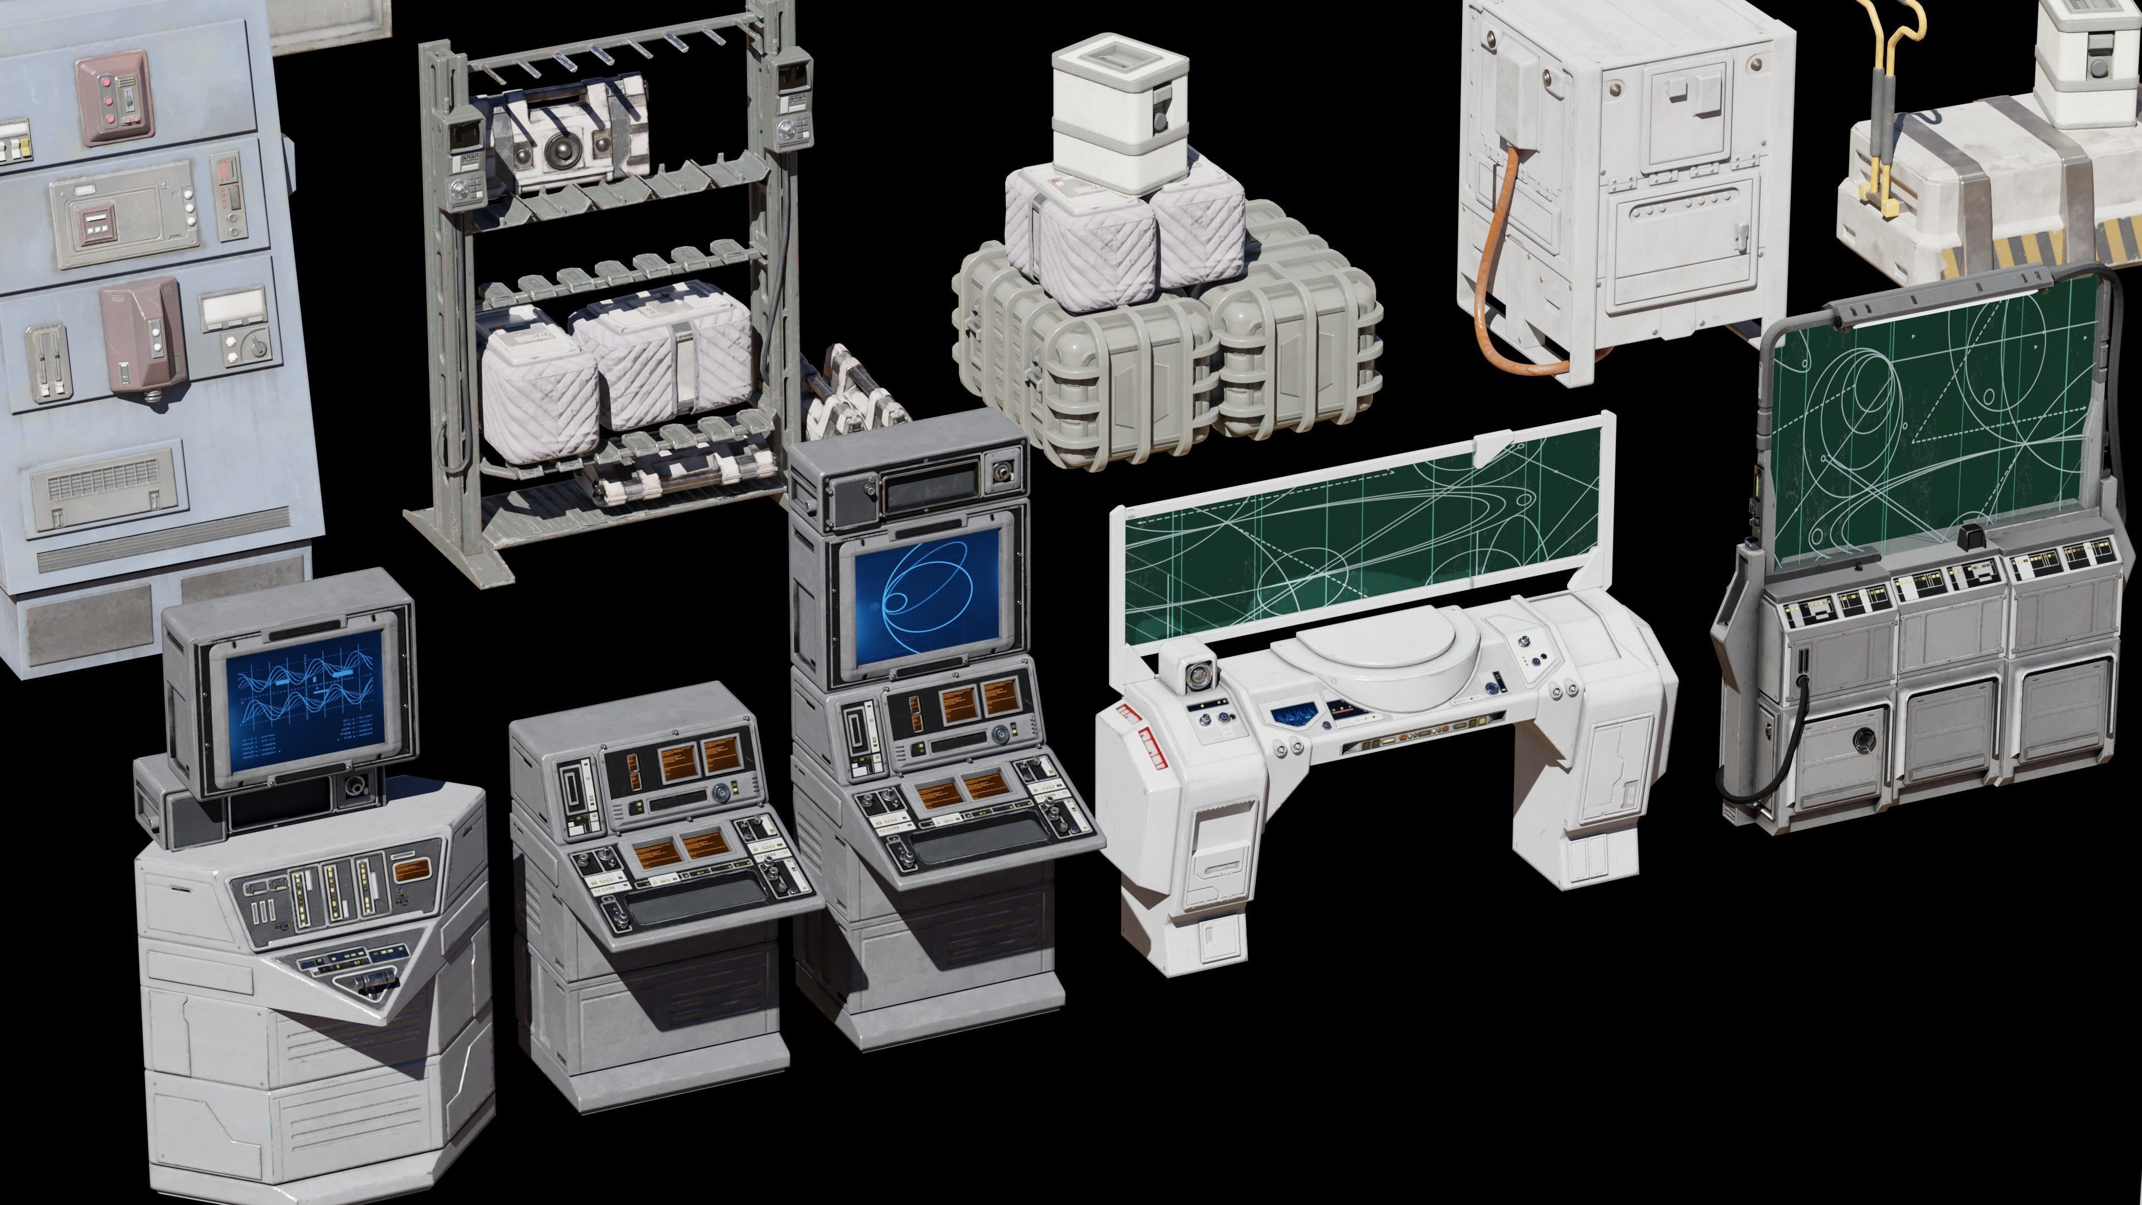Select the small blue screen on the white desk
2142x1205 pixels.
click(x=1291, y=713)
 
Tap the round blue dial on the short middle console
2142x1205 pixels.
click(x=717, y=790)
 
